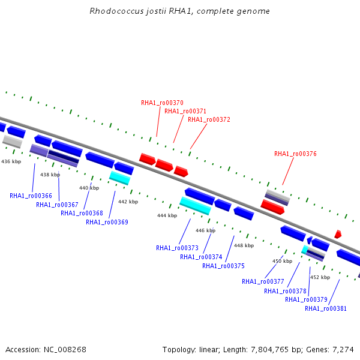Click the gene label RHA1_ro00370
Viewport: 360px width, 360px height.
tap(162, 103)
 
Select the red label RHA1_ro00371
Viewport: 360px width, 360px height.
tap(185, 111)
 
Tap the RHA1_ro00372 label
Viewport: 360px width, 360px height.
tap(209, 119)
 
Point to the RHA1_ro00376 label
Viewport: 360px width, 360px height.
tap(295, 154)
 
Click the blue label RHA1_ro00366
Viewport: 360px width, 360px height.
tap(31, 196)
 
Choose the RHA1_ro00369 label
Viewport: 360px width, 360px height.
tap(107, 222)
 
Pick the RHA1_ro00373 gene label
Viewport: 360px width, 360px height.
tap(177, 248)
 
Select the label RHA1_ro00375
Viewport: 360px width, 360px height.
tap(223, 266)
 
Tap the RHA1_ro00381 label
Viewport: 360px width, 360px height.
tap(326, 308)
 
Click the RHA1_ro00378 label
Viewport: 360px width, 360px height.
tap(285, 291)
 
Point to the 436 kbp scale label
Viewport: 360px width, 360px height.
tap(11, 161)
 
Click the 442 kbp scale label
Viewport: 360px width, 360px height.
tap(128, 202)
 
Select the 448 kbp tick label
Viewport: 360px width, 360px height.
tap(244, 245)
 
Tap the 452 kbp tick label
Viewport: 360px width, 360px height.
tap(320, 277)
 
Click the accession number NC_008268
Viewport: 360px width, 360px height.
tap(65, 350)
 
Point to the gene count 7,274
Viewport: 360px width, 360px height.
tap(343, 350)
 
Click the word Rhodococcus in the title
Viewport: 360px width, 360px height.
tap(116, 11)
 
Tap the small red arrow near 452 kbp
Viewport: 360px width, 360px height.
tap(338, 234)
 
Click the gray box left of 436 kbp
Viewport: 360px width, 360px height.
tap(13, 142)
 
